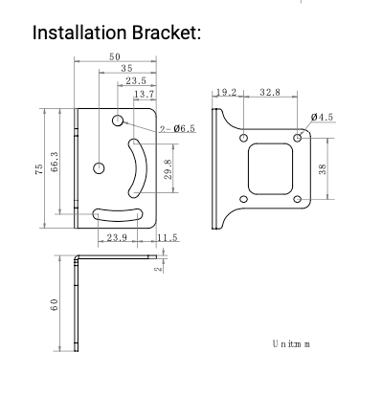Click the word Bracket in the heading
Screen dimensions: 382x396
tap(167, 33)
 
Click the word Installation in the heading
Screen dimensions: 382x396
tap(79, 33)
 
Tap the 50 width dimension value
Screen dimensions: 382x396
tap(115, 56)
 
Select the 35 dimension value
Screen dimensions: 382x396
tap(126, 68)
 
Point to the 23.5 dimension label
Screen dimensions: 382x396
tap(136, 81)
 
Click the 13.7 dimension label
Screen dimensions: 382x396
tap(145, 94)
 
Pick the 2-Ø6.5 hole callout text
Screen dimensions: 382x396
tap(177, 129)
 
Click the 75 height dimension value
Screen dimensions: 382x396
tap(38, 169)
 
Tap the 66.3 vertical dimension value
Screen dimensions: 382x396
tap(55, 162)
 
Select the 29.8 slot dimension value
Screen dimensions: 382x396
tap(169, 169)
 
